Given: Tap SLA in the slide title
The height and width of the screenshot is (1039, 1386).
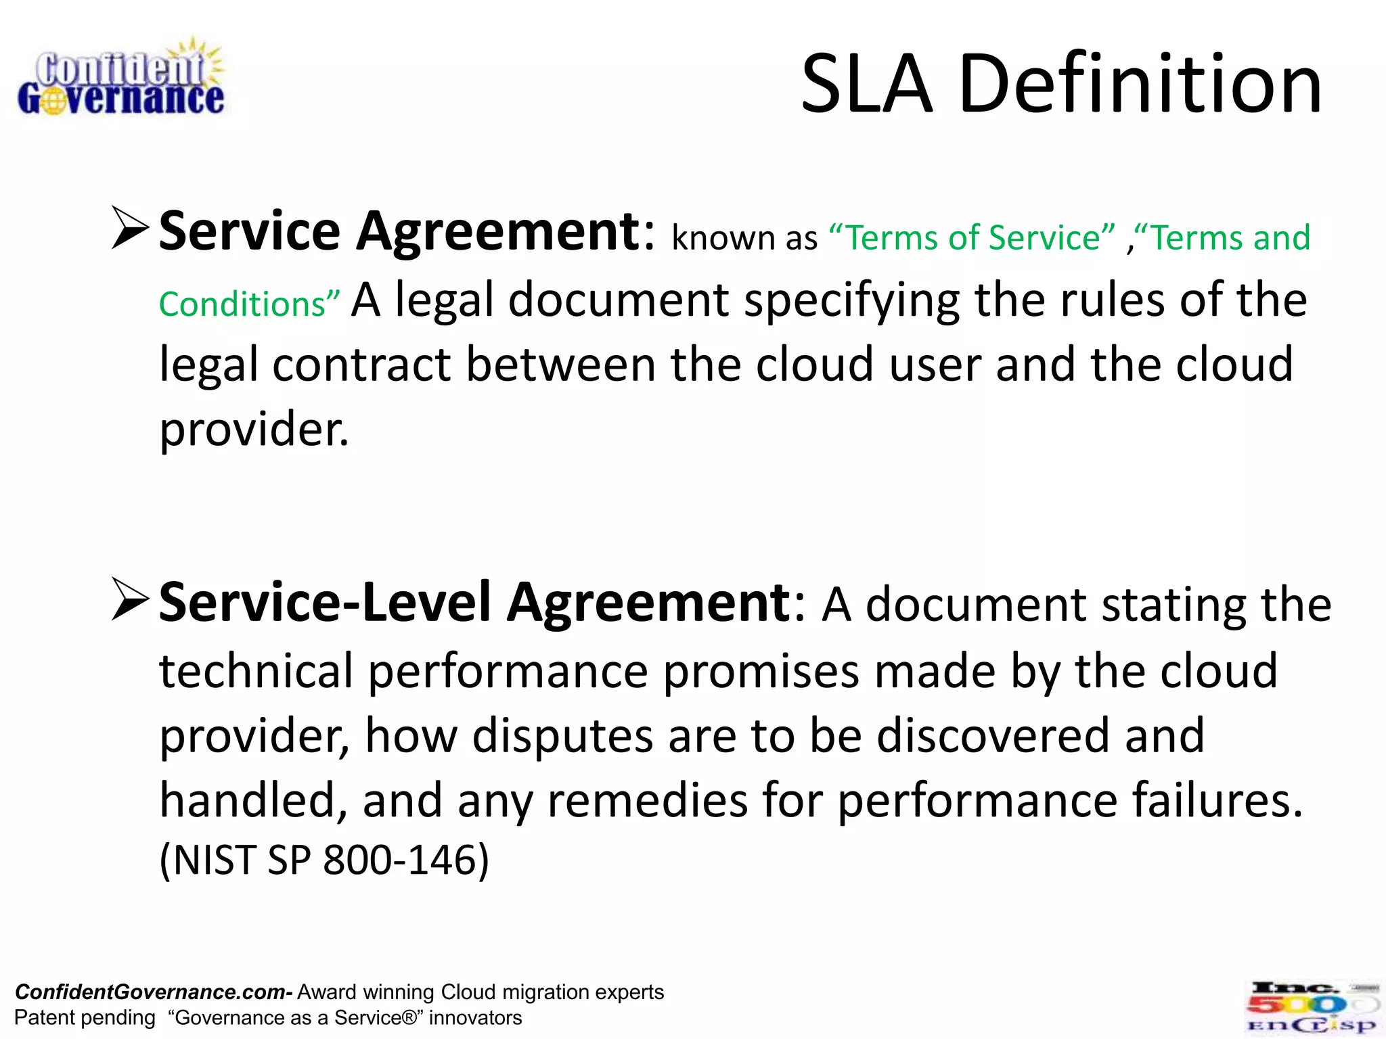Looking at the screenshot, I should pos(866,84).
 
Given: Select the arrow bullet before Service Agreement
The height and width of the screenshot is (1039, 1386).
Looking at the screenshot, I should pos(129,228).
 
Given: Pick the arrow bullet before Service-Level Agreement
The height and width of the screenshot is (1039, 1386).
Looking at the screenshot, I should pos(129,599).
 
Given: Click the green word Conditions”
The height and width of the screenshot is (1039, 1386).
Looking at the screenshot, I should pos(249,304).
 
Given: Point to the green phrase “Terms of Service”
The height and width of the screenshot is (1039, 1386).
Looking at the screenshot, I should pos(971,237).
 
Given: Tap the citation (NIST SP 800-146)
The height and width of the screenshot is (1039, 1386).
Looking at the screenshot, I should pos(323,860).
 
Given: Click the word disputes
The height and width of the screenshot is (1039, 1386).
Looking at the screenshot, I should pos(562,735).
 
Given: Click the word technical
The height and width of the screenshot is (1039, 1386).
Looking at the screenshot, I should pos(256,671).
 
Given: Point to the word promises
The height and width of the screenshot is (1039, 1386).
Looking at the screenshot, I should pos(761,672).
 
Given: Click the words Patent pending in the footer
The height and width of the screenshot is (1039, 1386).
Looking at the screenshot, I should pos(85,1018).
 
